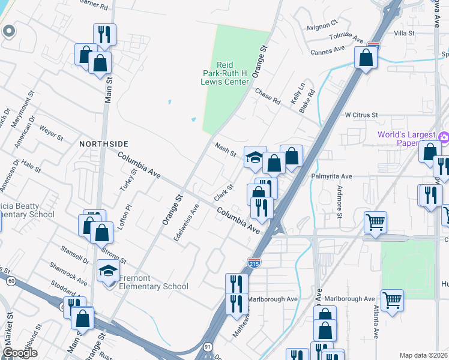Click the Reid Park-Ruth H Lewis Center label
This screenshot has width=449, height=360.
[224, 73]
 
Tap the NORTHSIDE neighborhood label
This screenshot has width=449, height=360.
[104, 144]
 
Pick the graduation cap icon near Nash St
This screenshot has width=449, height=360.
[255, 158]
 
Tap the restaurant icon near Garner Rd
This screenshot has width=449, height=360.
[105, 35]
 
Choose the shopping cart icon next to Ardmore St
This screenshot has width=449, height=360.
[375, 222]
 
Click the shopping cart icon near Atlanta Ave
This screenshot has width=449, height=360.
[392, 299]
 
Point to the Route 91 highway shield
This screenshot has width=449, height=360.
[207, 346]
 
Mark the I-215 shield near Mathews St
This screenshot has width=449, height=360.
[253, 262]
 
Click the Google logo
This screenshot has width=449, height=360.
[20, 352]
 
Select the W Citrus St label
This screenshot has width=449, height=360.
[361, 115]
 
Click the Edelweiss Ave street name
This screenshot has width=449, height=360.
[185, 222]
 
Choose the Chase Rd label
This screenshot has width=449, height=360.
[268, 96]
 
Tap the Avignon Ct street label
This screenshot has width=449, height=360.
[322, 25]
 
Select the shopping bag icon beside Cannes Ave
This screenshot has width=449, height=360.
[366, 59]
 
